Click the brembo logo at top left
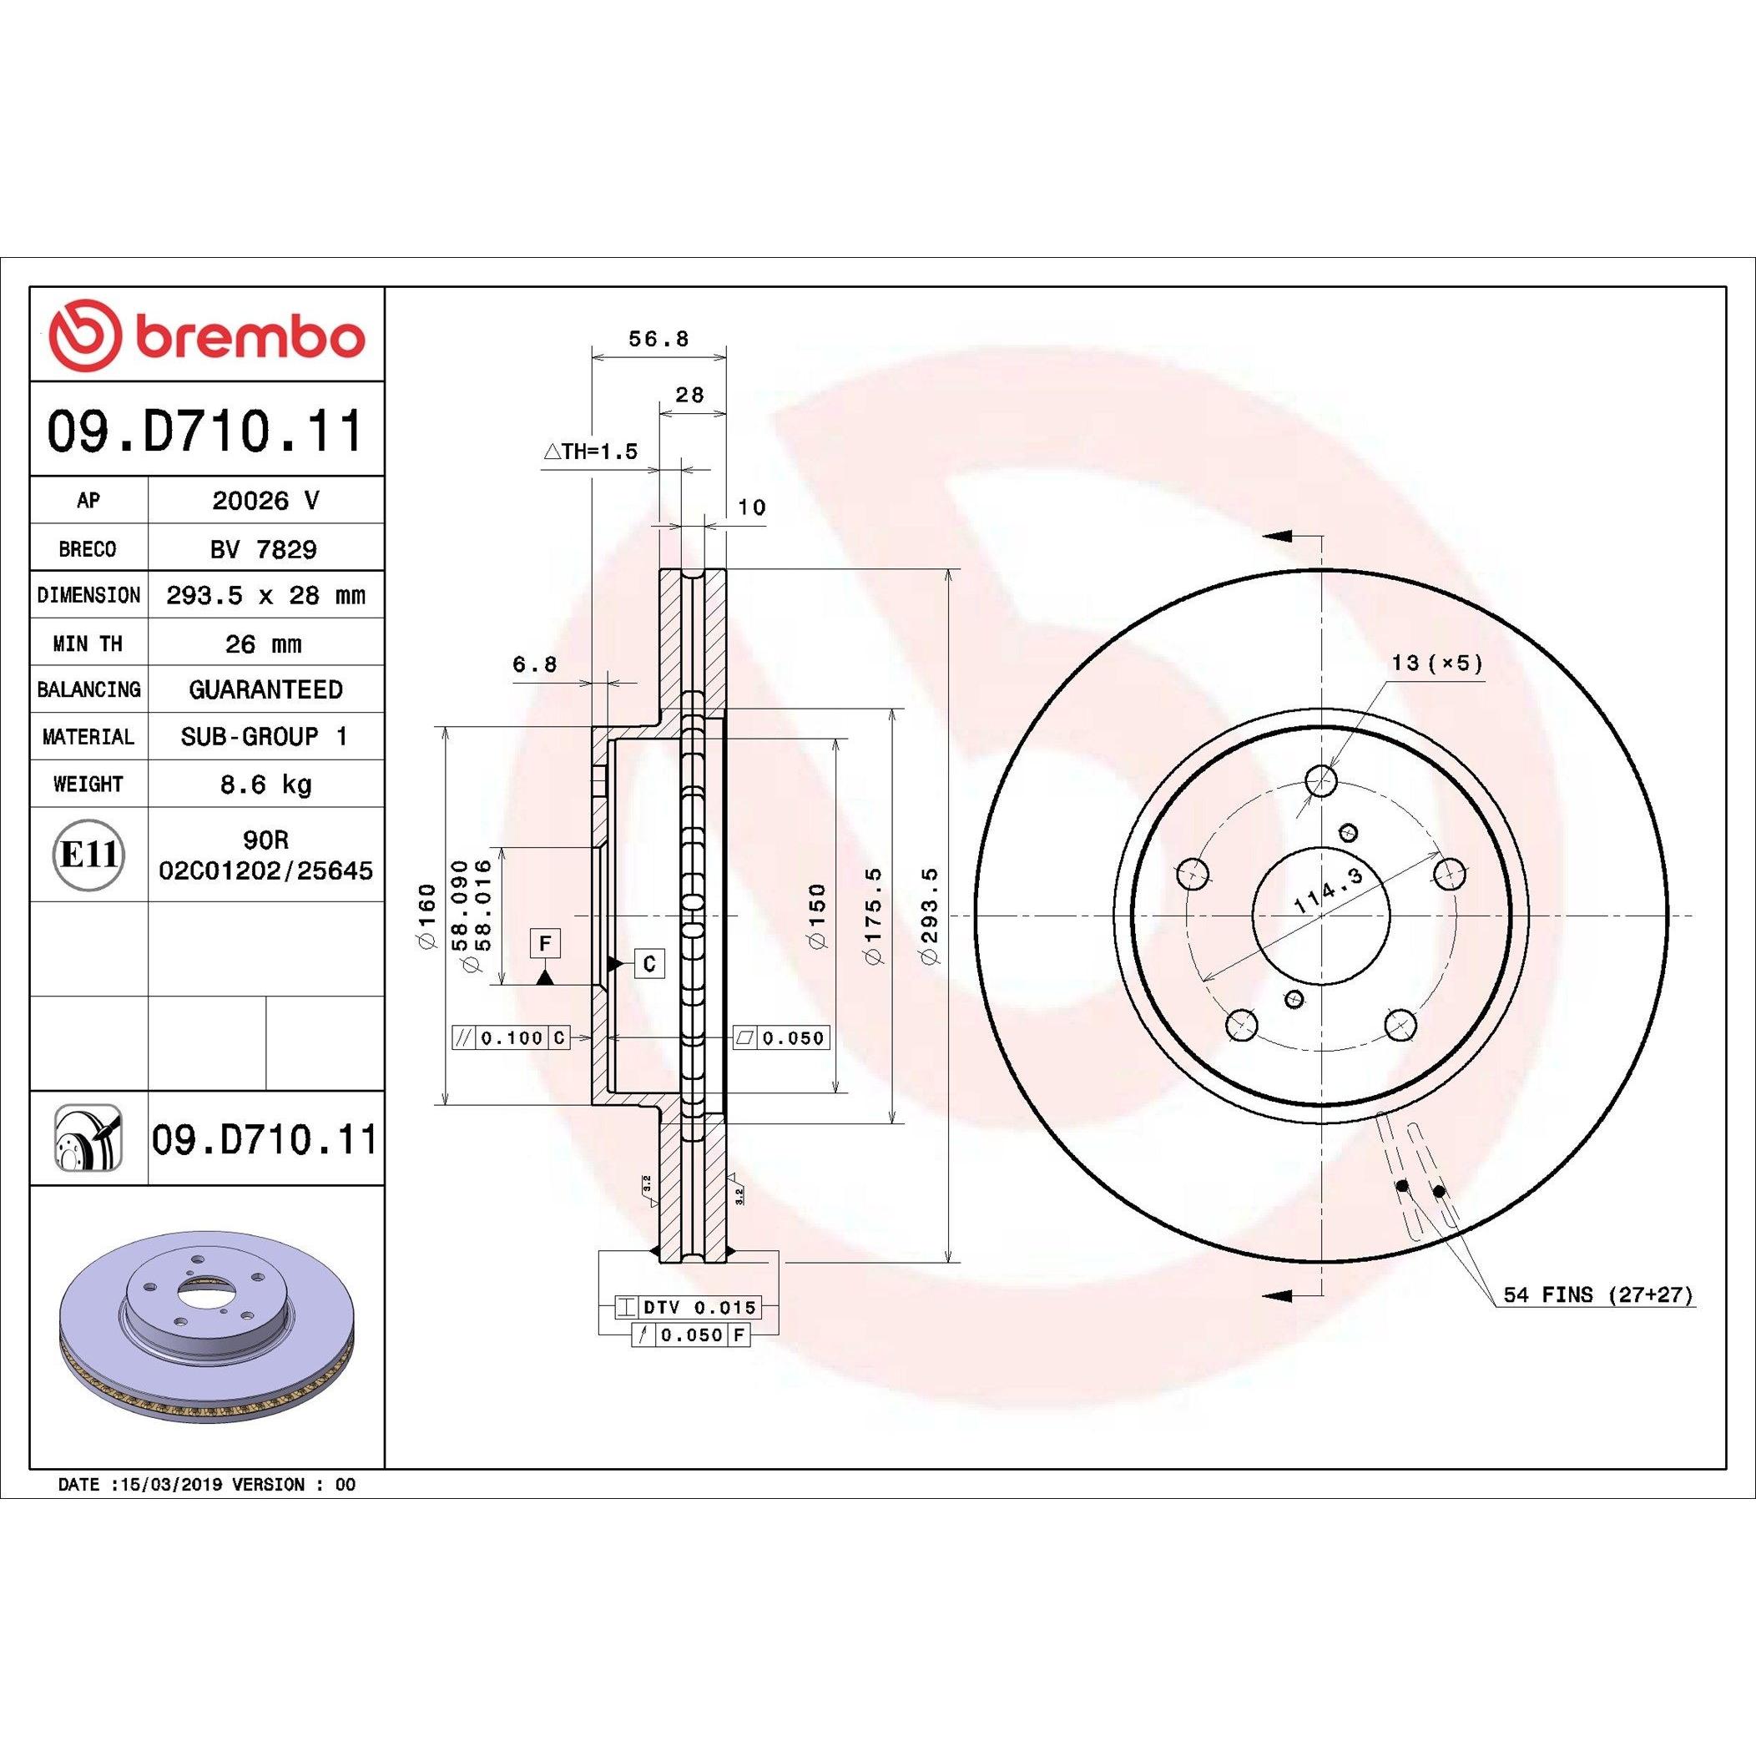tap(207, 336)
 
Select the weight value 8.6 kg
tap(265, 784)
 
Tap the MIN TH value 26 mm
tap(264, 644)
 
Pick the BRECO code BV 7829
tap(265, 549)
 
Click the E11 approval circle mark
tap(88, 855)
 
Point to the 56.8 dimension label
tap(659, 339)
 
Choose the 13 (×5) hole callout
tap(1437, 663)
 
